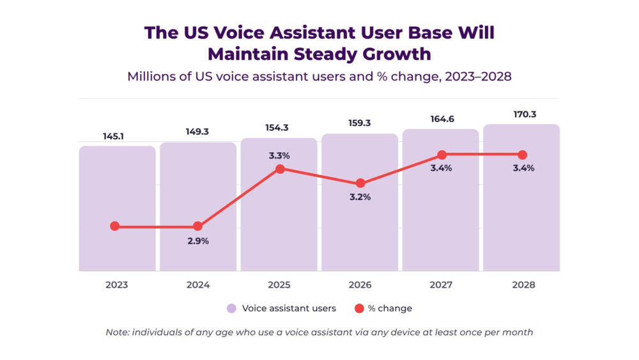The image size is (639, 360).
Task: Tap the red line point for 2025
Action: point(279,169)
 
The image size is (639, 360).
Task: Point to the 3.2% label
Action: point(360,197)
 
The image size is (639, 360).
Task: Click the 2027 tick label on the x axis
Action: point(442,285)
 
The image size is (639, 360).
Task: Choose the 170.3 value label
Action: point(521,114)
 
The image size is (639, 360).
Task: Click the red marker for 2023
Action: point(115,226)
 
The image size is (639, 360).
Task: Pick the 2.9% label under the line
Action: point(197,241)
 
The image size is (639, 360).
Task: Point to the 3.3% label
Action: point(279,155)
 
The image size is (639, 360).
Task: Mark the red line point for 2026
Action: point(360,183)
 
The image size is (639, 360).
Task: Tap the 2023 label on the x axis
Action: point(116,285)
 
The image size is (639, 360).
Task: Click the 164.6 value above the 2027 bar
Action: point(441,119)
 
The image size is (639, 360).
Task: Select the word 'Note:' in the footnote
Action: point(119,332)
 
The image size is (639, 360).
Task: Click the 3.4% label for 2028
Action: point(522,168)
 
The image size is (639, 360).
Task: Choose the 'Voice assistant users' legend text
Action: point(289,308)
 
